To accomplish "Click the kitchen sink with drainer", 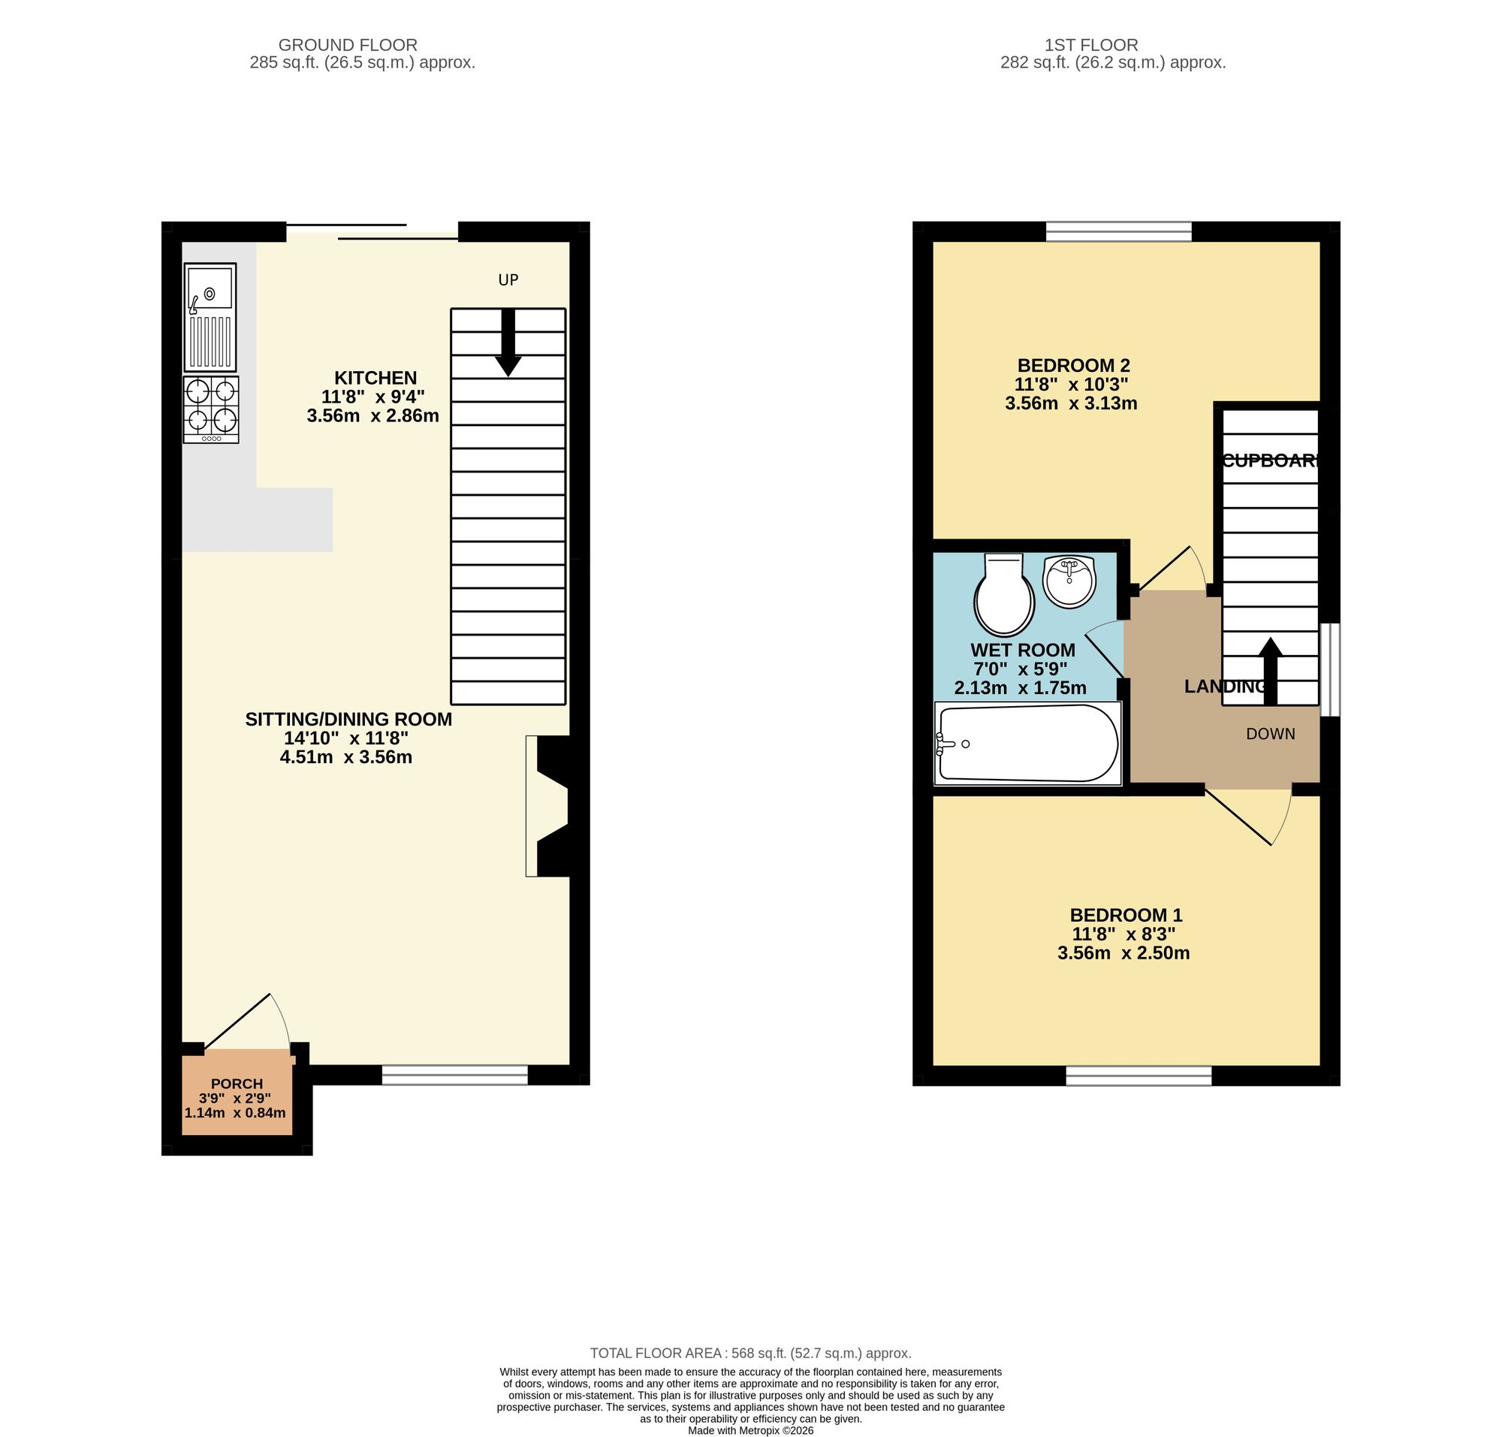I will tap(210, 316).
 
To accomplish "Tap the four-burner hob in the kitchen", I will tap(210, 409).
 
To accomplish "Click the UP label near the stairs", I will tap(508, 280).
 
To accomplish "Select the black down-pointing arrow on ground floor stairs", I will tap(508, 344).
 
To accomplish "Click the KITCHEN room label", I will tap(375, 378).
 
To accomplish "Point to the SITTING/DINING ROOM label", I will tap(348, 720).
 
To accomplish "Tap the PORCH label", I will tap(237, 1084).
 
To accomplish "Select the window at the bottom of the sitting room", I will tap(454, 1076).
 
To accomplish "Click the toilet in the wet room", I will tap(1003, 596).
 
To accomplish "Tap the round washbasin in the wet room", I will tap(1069, 583).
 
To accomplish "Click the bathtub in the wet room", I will tap(1027, 744).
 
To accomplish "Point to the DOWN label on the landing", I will tap(1270, 734).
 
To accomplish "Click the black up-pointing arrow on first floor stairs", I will tap(1270, 671).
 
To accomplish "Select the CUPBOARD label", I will tap(1270, 461).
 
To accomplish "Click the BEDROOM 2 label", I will tap(1073, 365).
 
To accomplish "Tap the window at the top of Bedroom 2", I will tap(1118, 231).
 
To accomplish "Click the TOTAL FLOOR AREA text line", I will tap(750, 1354).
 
